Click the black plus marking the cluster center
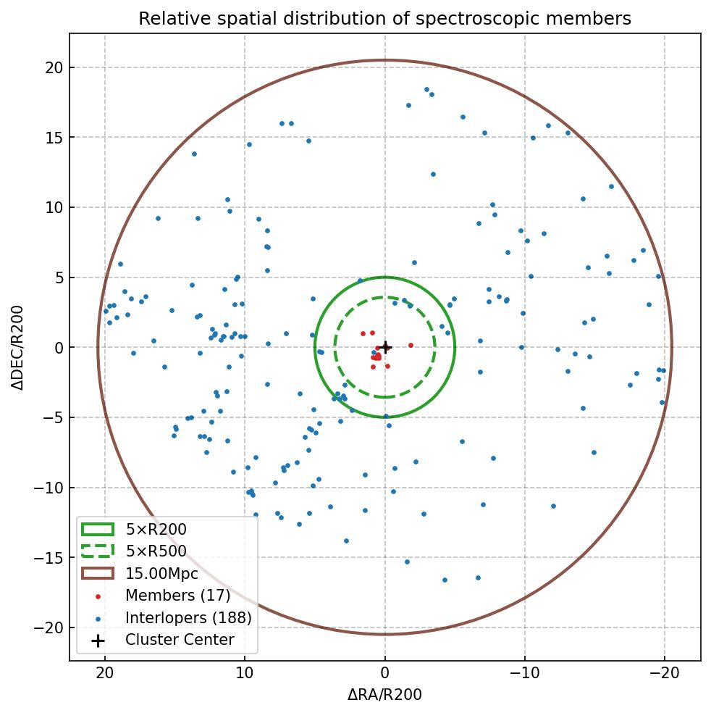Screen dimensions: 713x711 point(385,347)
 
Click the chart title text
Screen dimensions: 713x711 point(384,18)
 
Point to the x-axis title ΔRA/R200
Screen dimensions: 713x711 point(384,695)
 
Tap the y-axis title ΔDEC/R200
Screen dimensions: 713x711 point(18,348)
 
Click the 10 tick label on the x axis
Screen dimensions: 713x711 point(245,673)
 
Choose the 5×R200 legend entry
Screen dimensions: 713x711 point(156,529)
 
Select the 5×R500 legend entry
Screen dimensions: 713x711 point(156,551)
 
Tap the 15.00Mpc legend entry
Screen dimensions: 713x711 point(161,574)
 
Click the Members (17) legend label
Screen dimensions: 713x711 point(177,596)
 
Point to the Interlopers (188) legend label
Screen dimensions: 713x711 point(188,618)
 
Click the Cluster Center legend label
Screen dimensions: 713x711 point(180,640)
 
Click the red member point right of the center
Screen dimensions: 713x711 point(411,345)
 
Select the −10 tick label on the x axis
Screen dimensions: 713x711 point(524,673)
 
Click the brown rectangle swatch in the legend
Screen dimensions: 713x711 point(98,573)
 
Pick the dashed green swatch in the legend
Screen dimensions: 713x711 point(98,551)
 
